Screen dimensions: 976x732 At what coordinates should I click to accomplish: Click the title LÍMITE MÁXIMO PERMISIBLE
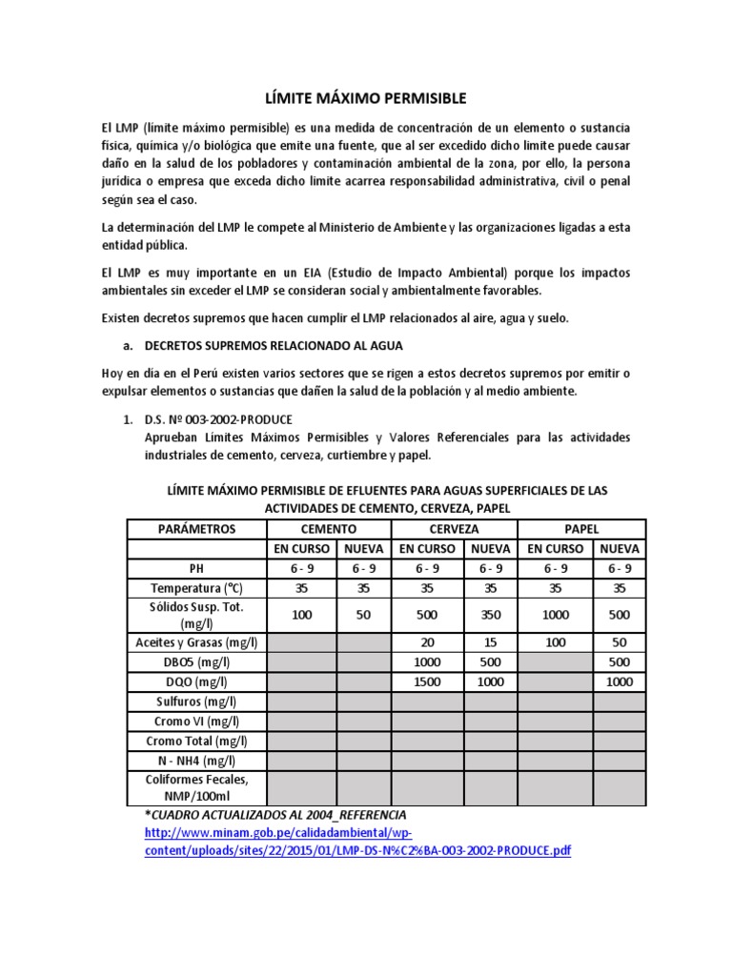(x=365, y=97)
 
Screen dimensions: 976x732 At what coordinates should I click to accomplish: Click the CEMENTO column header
(x=329, y=529)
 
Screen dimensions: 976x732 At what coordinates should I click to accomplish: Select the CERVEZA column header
(x=454, y=529)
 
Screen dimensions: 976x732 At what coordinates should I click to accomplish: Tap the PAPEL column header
(x=582, y=529)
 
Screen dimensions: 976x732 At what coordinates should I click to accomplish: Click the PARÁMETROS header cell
(x=196, y=529)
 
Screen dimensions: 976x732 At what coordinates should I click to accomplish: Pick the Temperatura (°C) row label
(x=196, y=589)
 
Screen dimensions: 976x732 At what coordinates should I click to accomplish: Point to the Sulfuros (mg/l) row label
(x=196, y=701)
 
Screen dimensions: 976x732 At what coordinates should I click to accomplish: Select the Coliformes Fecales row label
(x=196, y=787)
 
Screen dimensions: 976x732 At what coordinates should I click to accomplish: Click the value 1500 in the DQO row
(x=427, y=681)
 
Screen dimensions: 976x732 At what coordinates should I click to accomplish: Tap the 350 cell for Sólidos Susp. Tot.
(x=490, y=615)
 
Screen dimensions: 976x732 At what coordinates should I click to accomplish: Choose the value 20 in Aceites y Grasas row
(x=427, y=641)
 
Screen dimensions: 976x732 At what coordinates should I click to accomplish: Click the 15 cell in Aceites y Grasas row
(x=490, y=641)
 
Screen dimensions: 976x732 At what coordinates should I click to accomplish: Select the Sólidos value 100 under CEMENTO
(x=301, y=615)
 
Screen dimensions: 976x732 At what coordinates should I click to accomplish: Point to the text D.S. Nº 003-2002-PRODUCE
(x=218, y=419)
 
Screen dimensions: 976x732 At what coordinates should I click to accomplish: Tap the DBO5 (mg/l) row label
(x=196, y=661)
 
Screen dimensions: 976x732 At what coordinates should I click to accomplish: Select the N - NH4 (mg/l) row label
(x=196, y=761)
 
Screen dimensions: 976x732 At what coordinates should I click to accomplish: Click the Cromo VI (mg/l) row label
(x=196, y=722)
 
